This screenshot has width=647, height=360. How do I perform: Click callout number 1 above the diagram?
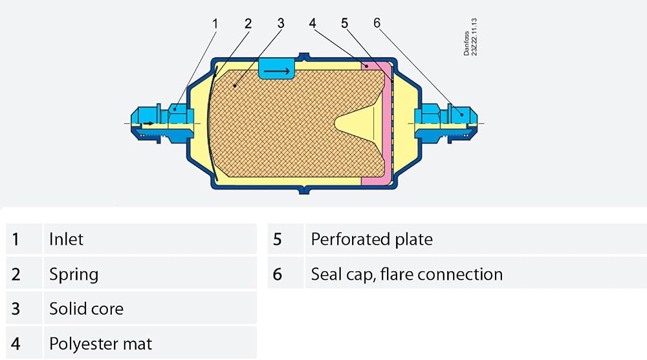215,23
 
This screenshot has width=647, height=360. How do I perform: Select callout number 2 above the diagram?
248,23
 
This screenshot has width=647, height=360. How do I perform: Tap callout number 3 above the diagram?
281,23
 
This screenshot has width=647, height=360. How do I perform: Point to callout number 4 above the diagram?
313,23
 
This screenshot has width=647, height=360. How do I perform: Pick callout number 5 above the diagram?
345,23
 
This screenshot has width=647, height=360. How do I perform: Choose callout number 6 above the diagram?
377,23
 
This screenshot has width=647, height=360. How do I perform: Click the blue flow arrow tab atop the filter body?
276,69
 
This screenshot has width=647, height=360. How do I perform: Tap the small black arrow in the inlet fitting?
149,124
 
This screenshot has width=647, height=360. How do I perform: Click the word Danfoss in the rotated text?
466,43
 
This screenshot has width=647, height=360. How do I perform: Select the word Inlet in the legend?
66,240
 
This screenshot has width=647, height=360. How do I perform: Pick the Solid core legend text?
86,309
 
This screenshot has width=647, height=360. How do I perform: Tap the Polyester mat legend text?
100,344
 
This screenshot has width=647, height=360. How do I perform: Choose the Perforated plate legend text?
372,240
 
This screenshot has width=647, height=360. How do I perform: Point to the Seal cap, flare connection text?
407,275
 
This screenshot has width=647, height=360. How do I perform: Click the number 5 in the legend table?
278,240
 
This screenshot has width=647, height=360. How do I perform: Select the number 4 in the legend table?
16,344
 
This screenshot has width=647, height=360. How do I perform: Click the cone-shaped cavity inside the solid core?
360,124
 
